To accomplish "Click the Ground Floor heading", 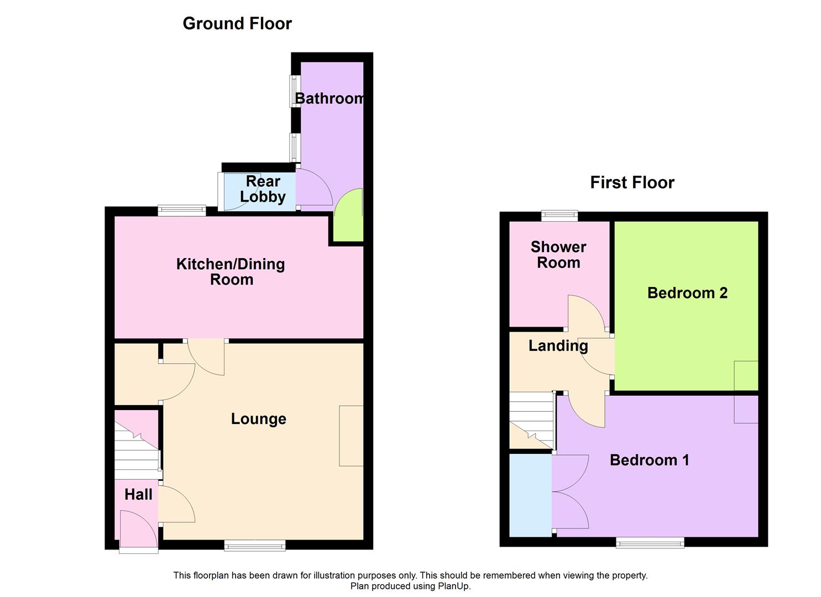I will [237, 23].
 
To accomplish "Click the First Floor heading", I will [632, 182].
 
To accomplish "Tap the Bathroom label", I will [330, 98].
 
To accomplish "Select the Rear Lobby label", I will [263, 189].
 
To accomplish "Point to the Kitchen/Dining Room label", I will [231, 271].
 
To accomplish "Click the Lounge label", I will [258, 419].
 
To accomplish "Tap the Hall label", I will [138, 494].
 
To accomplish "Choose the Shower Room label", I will [558, 255].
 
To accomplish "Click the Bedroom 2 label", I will [687, 293].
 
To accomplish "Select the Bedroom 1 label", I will [649, 460].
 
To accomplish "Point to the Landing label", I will [558, 346].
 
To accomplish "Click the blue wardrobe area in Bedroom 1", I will [530, 495].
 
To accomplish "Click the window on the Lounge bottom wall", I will [255, 546].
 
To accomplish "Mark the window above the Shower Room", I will [559, 216].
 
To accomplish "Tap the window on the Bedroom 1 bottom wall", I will [650, 543].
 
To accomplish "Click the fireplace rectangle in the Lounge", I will [351, 436].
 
